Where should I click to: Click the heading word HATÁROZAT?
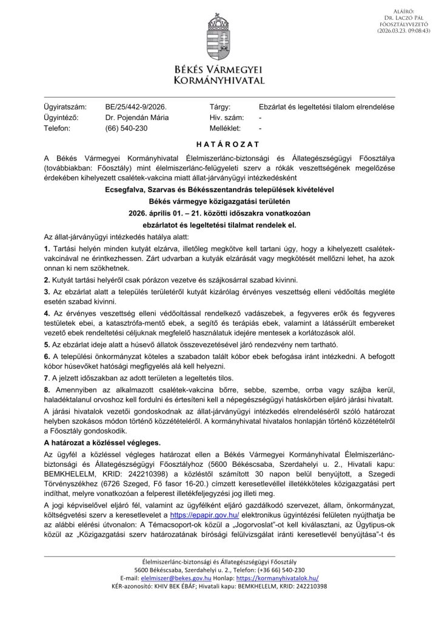[219, 145]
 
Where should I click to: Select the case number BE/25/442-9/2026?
[135, 107]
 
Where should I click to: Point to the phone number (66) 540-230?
[126, 128]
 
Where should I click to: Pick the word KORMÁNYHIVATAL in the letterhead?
[219, 80]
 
